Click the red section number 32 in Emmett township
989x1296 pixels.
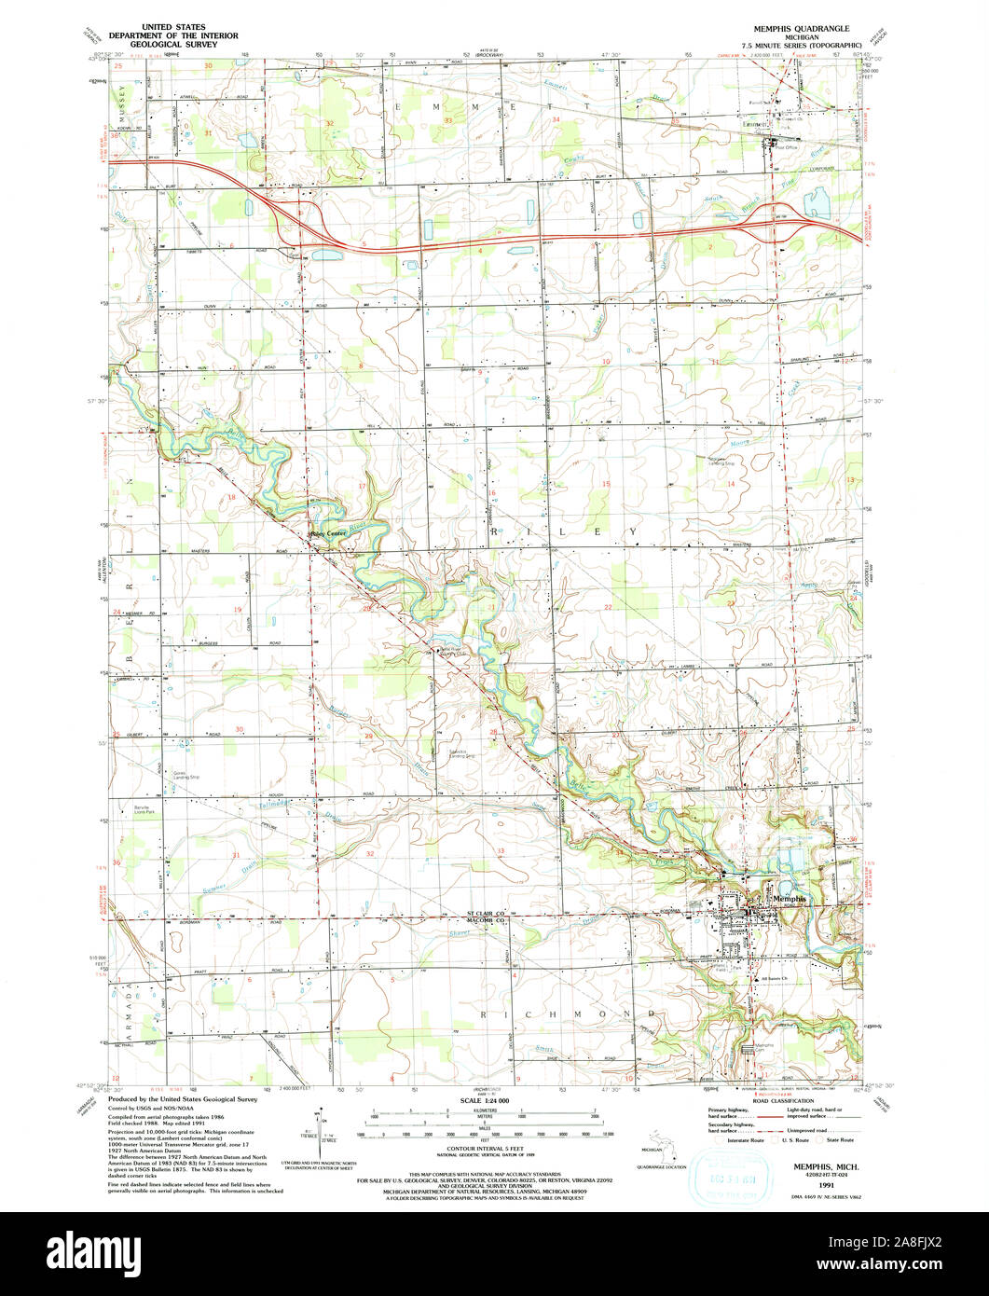(x=329, y=123)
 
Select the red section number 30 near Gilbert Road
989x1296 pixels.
(x=240, y=729)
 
